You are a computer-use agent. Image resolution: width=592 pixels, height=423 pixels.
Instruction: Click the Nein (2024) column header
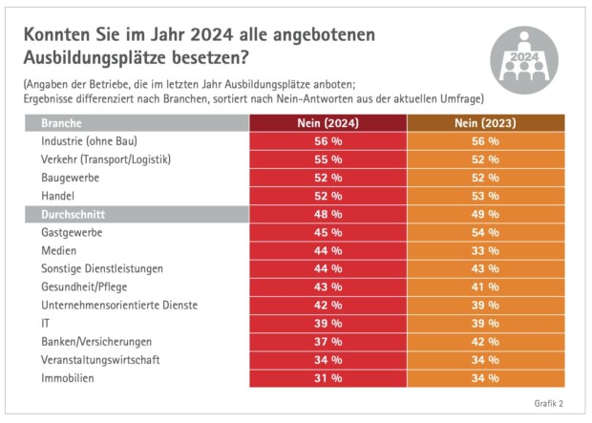click(328, 123)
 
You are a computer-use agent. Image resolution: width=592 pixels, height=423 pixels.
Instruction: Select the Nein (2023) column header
click(485, 123)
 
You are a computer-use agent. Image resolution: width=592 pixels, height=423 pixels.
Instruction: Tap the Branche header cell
click(61, 123)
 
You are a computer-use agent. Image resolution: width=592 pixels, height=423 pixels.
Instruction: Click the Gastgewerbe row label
click(72, 232)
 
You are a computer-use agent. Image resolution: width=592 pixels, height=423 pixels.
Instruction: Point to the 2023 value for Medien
click(485, 250)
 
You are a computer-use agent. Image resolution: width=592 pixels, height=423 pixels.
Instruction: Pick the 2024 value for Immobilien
click(328, 377)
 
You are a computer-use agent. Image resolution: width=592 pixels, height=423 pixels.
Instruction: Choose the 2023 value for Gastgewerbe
click(485, 232)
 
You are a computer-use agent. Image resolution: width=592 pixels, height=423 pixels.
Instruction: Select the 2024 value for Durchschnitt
click(328, 214)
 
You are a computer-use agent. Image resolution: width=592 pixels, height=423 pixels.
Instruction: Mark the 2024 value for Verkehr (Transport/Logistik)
click(328, 159)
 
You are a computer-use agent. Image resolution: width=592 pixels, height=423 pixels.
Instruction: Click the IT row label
click(46, 323)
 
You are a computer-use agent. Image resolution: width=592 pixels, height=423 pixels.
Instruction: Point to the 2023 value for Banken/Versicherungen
click(485, 341)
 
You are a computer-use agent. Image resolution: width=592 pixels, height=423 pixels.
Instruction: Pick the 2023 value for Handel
click(485, 196)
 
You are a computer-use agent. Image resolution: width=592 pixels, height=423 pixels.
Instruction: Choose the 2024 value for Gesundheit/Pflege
click(328, 286)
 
